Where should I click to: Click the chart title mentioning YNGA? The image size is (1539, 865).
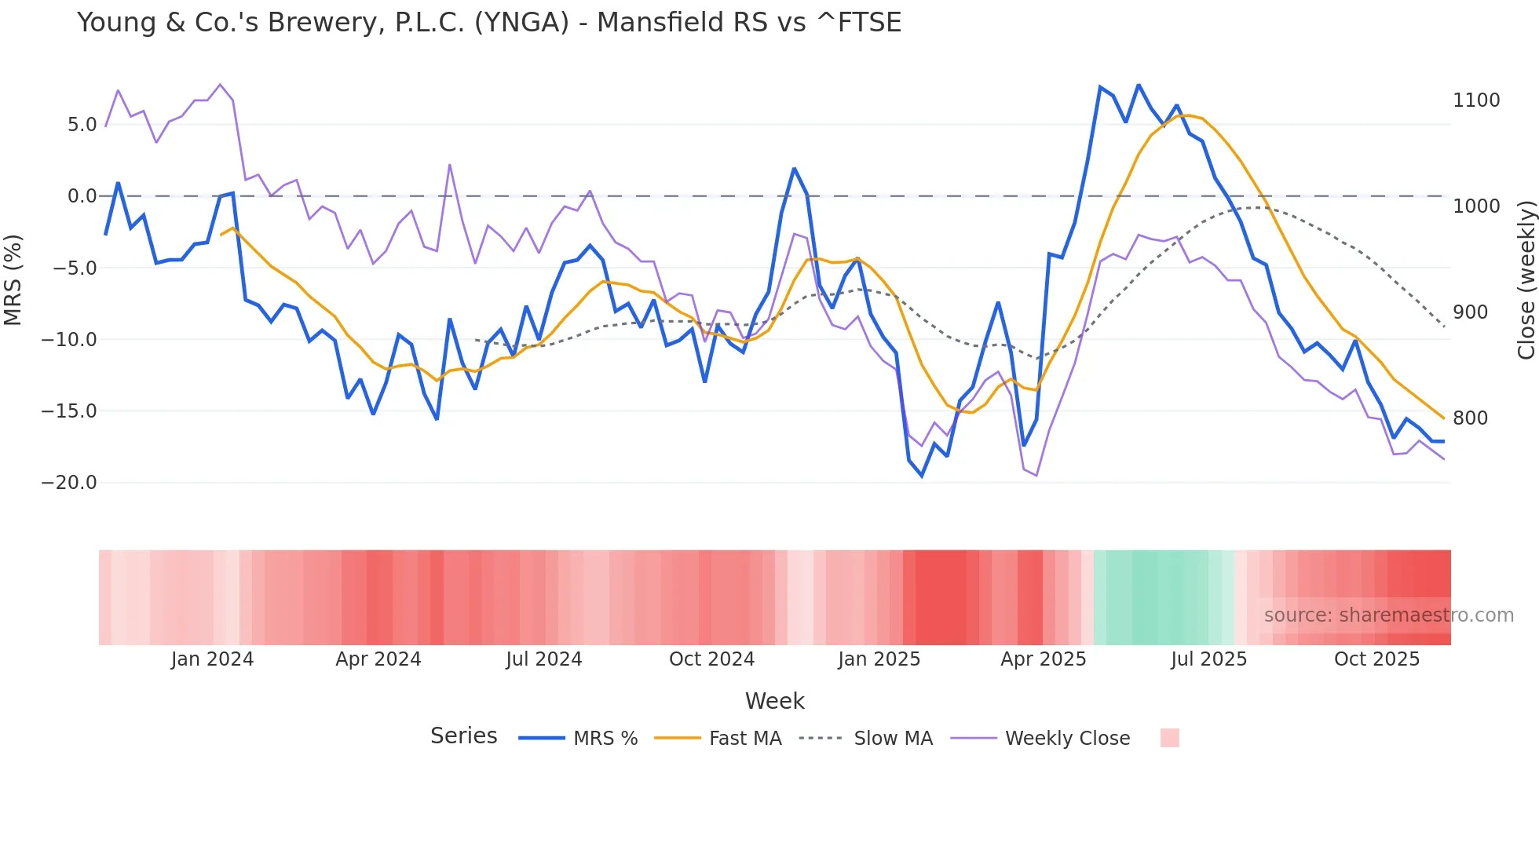[x=488, y=22]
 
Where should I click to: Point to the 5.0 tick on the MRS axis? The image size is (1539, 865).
[x=82, y=125]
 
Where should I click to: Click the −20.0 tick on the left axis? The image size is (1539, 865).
[x=69, y=483]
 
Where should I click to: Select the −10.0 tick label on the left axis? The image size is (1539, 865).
[x=69, y=340]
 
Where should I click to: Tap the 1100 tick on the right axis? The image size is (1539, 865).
[x=1476, y=100]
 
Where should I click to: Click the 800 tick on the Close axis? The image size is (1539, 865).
[x=1470, y=418]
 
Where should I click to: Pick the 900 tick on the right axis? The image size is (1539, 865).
[x=1470, y=312]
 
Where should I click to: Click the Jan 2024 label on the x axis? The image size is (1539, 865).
[x=212, y=659]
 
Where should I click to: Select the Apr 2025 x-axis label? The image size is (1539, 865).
[x=1043, y=659]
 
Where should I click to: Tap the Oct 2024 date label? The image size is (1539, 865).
[x=711, y=659]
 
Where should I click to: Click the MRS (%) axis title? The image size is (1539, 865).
[x=13, y=279]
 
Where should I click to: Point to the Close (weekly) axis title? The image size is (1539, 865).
[x=1526, y=279]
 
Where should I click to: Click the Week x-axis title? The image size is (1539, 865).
[x=774, y=701]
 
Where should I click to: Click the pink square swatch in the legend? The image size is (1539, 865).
[x=1169, y=738]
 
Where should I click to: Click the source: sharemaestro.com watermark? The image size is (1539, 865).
[x=1388, y=615]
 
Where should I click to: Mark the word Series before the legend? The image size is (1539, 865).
[x=463, y=736]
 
